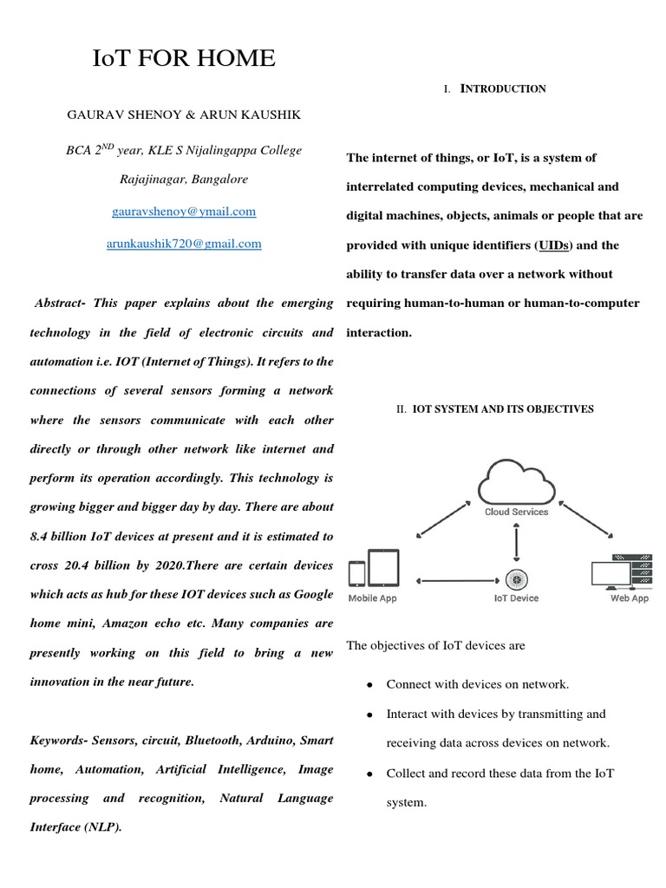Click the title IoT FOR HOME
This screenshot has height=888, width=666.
(184, 59)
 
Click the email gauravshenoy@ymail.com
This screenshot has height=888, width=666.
(184, 211)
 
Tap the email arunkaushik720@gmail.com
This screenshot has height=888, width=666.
(184, 244)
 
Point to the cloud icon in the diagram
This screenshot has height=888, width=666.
(516, 480)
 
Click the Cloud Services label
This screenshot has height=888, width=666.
(516, 512)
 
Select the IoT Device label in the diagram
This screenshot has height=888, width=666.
(516, 598)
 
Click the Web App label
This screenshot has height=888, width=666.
(629, 598)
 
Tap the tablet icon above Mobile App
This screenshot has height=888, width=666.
(383, 568)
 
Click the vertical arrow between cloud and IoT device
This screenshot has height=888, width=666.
(516, 543)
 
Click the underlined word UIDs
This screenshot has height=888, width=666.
(553, 245)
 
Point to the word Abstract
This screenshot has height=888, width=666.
(60, 303)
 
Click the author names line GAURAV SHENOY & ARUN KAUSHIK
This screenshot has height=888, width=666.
(184, 114)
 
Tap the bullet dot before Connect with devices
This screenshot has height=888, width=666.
(369, 685)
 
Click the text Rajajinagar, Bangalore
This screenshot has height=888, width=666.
(184, 180)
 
